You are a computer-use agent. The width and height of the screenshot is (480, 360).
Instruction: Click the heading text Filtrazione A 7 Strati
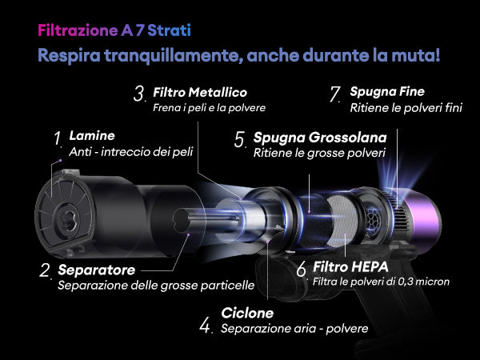click(114, 30)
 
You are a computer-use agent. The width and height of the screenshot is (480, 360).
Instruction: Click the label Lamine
click(92, 136)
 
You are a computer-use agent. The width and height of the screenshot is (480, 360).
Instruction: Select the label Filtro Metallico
click(200, 92)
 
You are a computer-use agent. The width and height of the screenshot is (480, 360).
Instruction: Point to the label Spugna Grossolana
click(320, 138)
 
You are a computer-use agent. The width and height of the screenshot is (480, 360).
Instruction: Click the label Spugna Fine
click(387, 91)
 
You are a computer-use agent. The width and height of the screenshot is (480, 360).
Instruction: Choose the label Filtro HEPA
click(350, 267)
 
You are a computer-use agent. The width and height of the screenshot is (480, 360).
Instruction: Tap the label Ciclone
click(247, 313)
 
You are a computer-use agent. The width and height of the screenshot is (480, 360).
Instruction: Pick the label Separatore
click(97, 270)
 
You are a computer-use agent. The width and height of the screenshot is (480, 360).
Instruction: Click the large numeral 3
click(138, 94)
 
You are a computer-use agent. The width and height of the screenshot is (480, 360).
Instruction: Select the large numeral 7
click(334, 94)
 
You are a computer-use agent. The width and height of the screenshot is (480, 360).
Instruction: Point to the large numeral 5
click(240, 139)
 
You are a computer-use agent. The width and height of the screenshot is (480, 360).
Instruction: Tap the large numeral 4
click(205, 325)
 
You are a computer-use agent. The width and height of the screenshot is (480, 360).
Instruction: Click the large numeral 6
click(302, 269)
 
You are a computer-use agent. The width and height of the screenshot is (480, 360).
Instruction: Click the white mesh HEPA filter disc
click(342, 221)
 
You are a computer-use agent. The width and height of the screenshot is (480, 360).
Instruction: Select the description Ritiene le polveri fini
click(406, 108)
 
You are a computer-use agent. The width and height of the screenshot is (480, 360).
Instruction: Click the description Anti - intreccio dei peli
click(131, 152)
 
